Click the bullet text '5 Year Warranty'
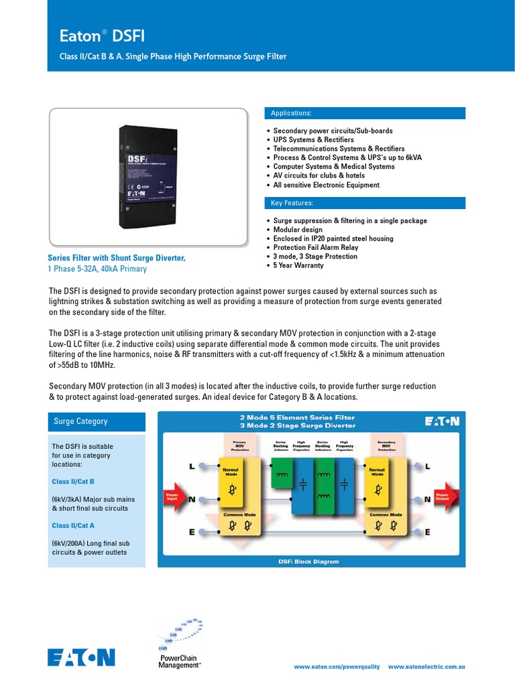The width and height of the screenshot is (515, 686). (298, 265)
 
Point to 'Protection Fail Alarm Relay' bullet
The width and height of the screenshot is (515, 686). (315, 247)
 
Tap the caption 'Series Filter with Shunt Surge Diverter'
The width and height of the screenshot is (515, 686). (116, 258)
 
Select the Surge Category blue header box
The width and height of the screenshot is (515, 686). (97, 421)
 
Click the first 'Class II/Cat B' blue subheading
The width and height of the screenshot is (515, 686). (73, 482)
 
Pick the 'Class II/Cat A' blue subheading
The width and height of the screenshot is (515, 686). (73, 526)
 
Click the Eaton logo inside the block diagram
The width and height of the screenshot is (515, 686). (442, 421)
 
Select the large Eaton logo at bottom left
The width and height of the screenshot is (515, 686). (81, 657)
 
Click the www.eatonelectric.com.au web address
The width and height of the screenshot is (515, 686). (426, 667)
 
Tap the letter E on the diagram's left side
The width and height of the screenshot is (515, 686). (192, 532)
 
